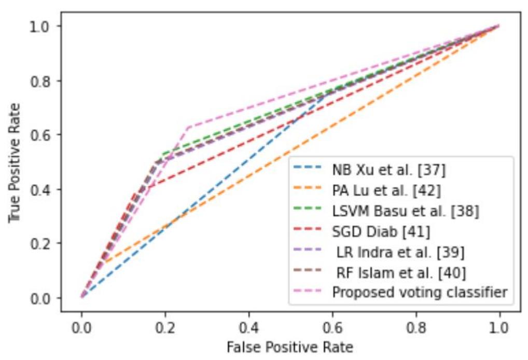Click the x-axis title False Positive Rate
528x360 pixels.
coord(290,347)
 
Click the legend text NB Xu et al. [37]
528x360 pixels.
coord(388,170)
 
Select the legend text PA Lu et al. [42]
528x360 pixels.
coord(386,190)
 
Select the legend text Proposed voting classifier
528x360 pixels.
coord(420,292)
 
